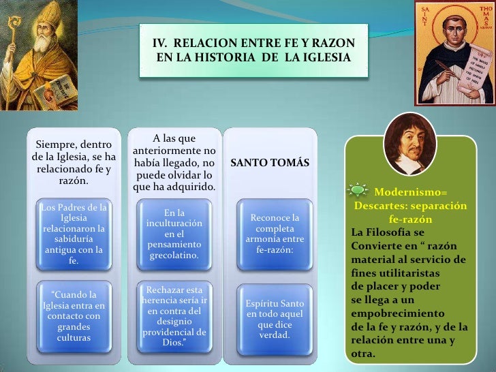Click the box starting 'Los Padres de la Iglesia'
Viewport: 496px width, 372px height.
(73, 233)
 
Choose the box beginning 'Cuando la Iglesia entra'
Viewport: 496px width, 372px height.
(73, 316)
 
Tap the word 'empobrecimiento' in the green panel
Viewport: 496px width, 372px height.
(388, 313)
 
